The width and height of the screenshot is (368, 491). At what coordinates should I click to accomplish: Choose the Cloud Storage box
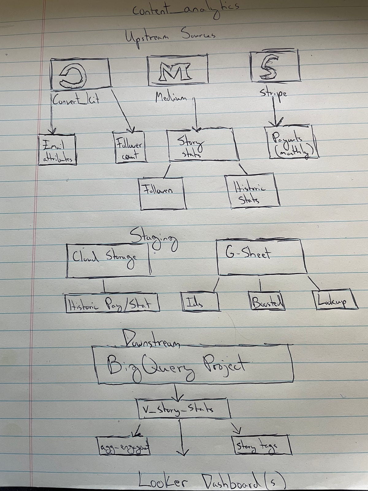click(x=108, y=261)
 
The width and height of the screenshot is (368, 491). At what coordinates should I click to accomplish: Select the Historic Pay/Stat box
click(x=113, y=304)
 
